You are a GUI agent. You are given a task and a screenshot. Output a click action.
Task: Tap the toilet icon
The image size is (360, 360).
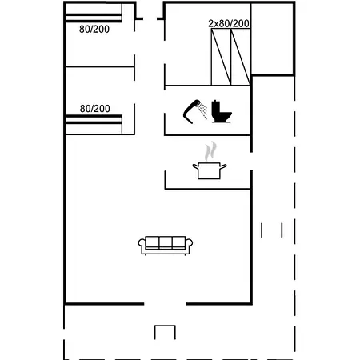click(221, 111)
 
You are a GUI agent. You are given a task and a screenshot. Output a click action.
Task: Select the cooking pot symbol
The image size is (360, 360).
click(210, 170)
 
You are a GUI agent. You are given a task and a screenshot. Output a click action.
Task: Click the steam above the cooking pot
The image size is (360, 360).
click(210, 151)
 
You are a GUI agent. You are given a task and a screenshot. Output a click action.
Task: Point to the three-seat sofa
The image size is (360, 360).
click(166, 246)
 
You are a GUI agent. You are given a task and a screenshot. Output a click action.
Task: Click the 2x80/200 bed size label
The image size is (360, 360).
click(229, 23)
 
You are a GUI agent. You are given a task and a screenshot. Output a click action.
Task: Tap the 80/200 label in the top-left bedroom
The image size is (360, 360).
click(94, 29)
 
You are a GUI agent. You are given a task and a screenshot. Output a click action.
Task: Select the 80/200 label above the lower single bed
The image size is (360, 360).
click(95, 109)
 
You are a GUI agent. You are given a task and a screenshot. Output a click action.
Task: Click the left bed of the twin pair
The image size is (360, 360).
click(221, 57)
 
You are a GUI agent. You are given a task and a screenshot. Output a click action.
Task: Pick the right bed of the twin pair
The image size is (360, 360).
click(241, 57)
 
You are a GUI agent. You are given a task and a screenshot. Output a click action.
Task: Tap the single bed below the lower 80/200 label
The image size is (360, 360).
click(94, 125)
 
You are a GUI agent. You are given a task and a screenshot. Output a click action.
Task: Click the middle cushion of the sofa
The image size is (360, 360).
click(166, 242)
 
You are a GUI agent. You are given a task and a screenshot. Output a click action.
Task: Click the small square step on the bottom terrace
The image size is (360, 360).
click(165, 332)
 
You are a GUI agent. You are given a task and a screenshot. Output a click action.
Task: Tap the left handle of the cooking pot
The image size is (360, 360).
click(196, 166)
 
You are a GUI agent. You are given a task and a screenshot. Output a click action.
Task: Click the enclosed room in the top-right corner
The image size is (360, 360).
click(272, 38)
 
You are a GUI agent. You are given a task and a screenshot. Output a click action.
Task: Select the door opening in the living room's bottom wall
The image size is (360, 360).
click(165, 304)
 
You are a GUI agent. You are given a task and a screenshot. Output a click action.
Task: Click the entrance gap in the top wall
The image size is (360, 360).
click(150, 18)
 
